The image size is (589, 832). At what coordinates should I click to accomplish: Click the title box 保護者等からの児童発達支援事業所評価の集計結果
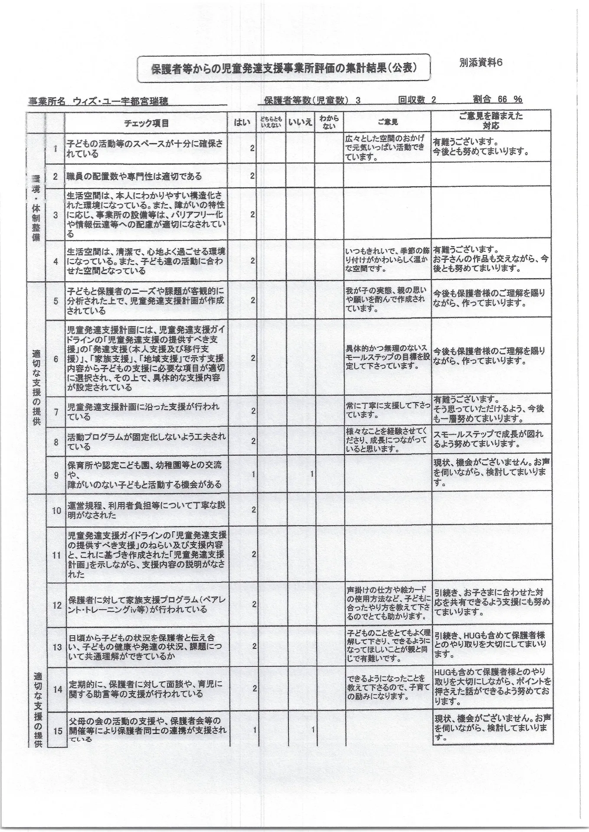point(284,68)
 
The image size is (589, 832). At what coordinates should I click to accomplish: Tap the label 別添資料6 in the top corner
point(481,62)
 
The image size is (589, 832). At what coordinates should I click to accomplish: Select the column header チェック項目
point(146,123)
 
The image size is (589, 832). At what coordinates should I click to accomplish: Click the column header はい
point(242,123)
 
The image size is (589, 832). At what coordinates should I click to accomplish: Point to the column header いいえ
point(300,123)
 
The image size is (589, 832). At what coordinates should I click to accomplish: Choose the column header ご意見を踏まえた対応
point(491,120)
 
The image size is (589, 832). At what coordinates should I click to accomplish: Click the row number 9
point(56,475)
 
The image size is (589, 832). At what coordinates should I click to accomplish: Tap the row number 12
point(57,605)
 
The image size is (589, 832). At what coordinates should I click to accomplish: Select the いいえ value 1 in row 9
point(311,474)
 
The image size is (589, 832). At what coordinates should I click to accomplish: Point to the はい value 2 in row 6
point(253,358)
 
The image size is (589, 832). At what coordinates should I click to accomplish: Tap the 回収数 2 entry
point(417,100)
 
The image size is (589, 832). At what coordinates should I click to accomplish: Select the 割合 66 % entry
point(497,99)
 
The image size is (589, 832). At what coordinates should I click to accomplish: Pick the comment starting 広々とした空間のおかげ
point(386,148)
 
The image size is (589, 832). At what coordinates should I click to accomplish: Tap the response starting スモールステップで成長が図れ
point(488,439)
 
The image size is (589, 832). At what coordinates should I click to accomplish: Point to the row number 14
point(57,689)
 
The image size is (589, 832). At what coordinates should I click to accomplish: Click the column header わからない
point(329,122)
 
